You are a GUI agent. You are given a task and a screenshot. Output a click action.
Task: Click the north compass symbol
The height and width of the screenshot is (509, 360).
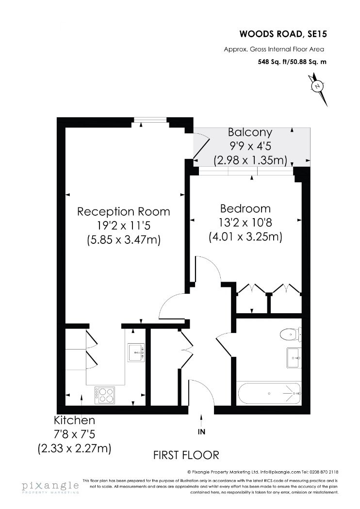[x=318, y=87]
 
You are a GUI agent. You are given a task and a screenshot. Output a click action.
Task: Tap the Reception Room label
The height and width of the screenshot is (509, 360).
[x=124, y=212]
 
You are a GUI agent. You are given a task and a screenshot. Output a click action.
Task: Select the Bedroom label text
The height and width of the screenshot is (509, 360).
[x=245, y=209]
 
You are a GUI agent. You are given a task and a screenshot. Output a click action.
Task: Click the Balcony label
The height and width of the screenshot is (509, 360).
[x=250, y=132]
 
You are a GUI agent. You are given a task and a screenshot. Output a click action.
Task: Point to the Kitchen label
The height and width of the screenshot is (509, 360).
[x=74, y=420]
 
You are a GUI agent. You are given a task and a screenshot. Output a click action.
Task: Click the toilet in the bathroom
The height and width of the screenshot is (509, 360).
[x=290, y=334]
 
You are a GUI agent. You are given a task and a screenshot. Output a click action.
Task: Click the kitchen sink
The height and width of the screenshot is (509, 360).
[x=136, y=352]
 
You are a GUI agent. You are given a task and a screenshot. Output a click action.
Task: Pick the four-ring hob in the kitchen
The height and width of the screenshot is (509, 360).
[x=105, y=395]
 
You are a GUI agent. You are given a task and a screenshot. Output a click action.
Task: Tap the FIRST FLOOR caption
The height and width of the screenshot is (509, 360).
[x=186, y=455]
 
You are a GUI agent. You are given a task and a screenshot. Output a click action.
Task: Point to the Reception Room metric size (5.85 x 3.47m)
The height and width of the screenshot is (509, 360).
[x=124, y=240]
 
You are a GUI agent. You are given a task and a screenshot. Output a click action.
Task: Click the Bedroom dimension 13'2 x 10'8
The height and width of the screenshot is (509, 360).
[x=245, y=223]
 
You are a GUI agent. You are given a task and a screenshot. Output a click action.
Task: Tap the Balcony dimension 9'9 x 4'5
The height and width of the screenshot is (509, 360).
[x=250, y=146]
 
